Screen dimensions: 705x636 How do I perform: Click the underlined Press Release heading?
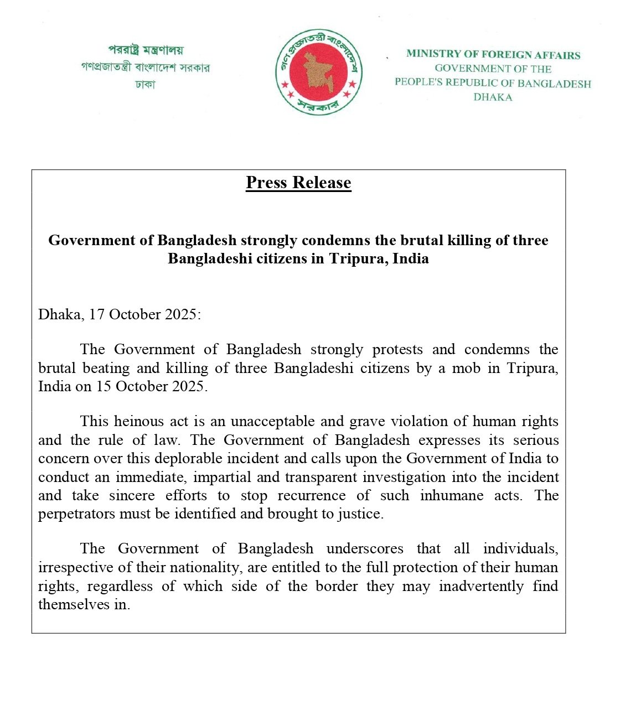point(298,183)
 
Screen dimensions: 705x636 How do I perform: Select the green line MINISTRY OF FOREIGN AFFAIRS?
point(493,54)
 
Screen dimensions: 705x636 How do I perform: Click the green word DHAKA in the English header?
point(493,97)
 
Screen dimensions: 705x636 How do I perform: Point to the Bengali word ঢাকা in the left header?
point(145,85)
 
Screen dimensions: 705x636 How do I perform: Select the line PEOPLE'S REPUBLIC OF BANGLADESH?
point(493,83)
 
